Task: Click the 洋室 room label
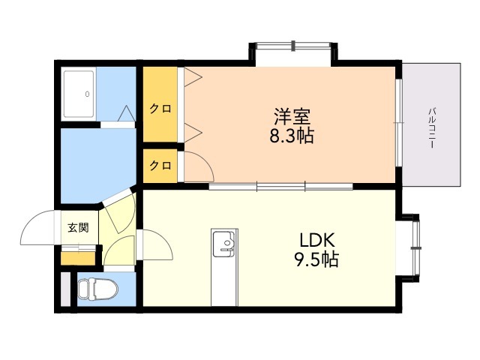tap(292, 116)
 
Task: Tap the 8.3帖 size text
tap(292, 136)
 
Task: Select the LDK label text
tap(317, 240)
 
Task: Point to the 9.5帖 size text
tap(316, 259)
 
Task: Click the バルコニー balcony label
tap(432, 127)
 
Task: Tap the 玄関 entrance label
tap(78, 228)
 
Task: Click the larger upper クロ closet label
tap(160, 109)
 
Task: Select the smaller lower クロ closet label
tap(160, 166)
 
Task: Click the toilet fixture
tap(97, 289)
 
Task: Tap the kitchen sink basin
tap(224, 244)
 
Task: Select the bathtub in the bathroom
tap(78, 94)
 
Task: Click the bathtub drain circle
tap(87, 94)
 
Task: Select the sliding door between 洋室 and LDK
tap(281, 186)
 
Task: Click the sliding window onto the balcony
tap(398, 123)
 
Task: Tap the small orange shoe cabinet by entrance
tap(78, 258)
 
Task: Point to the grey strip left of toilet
tap(65, 289)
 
